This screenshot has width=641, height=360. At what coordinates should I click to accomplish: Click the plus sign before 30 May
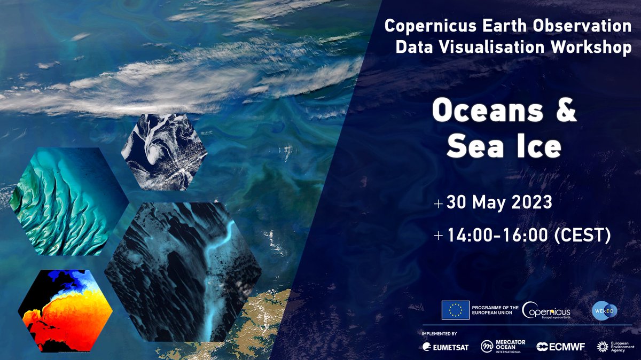[x=439, y=204]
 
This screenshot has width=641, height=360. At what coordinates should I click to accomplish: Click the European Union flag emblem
[x=455, y=310]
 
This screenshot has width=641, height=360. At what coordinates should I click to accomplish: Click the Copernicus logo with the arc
[x=545, y=310]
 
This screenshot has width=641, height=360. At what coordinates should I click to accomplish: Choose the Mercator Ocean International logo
[x=503, y=347]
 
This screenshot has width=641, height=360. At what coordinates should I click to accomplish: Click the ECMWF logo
[x=561, y=347]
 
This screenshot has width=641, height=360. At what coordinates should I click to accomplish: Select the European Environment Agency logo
[x=614, y=347]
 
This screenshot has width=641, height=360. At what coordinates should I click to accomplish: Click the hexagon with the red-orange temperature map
[x=65, y=310]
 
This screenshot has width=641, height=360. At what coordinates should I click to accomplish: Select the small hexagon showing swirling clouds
[x=164, y=152]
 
